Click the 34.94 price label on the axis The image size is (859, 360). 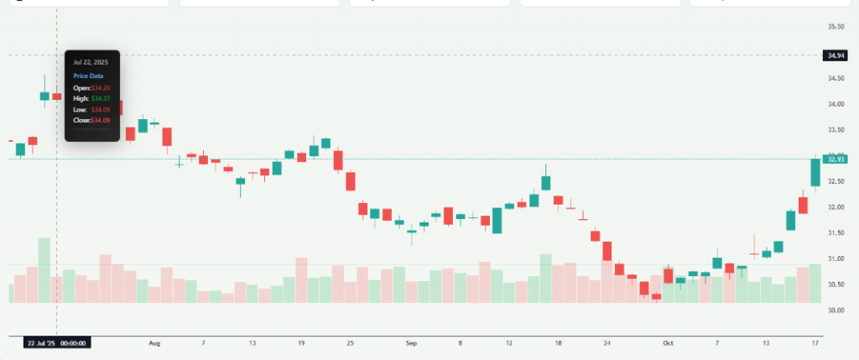pos(835,55)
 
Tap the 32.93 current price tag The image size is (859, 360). pos(835,159)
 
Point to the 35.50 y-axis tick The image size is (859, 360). pos(835,27)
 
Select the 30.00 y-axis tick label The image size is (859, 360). pos(835,310)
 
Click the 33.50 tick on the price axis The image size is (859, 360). pos(835,130)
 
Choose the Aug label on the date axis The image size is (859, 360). pos(154,343)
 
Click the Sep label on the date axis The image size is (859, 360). pos(411,343)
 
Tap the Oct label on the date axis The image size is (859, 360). pos(668,343)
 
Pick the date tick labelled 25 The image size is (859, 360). pos(351,343)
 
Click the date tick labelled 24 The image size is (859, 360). pos(607,343)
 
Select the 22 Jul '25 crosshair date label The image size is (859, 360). pos(56,342)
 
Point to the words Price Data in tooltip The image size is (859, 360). pos(88,76)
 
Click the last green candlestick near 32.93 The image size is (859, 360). pos(815,172)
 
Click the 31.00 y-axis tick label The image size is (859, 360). pos(835,258)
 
